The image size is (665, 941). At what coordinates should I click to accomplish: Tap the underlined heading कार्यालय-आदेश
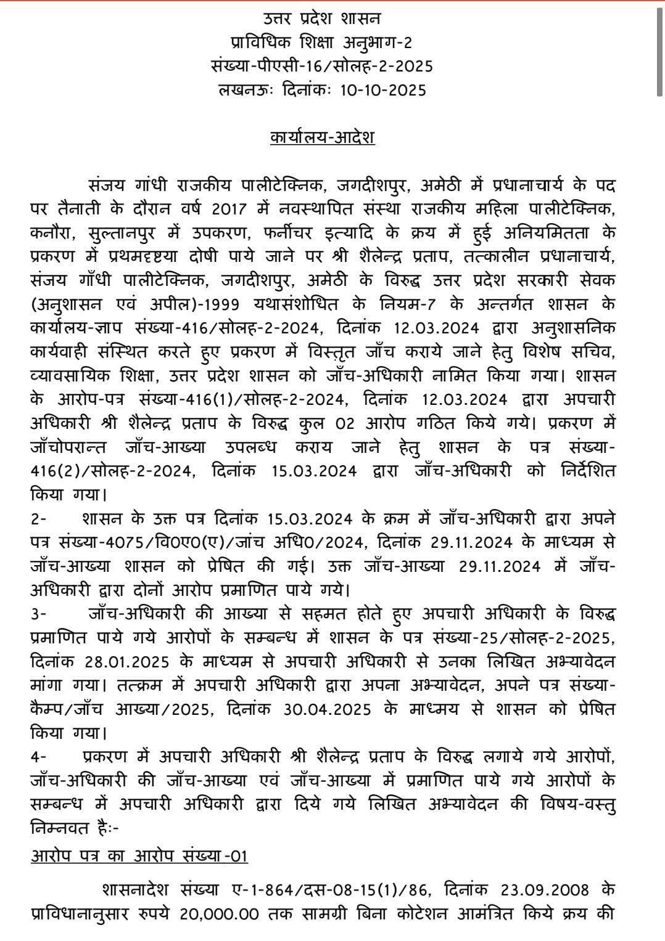coord(322,136)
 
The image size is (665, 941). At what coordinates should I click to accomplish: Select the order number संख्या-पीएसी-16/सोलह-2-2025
coord(321,66)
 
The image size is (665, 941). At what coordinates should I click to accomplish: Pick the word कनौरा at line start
coord(52,233)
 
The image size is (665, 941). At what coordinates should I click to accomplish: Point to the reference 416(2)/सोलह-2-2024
coord(112,471)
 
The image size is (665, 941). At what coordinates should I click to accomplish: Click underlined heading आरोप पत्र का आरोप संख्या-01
coord(139,856)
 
